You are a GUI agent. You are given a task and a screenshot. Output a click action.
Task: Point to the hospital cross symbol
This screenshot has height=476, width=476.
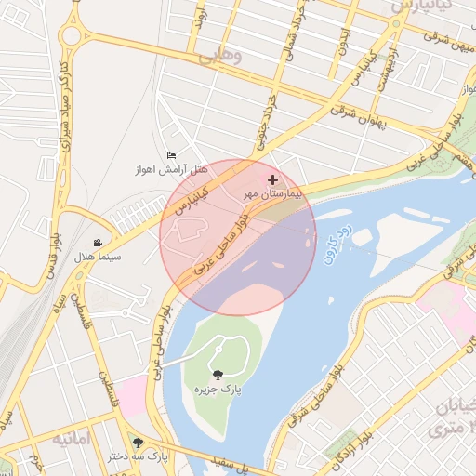(272, 179)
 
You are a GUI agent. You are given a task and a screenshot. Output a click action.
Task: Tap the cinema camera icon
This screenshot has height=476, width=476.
(98, 243)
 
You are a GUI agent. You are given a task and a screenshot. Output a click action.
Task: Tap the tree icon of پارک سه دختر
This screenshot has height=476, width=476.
(139, 443)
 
